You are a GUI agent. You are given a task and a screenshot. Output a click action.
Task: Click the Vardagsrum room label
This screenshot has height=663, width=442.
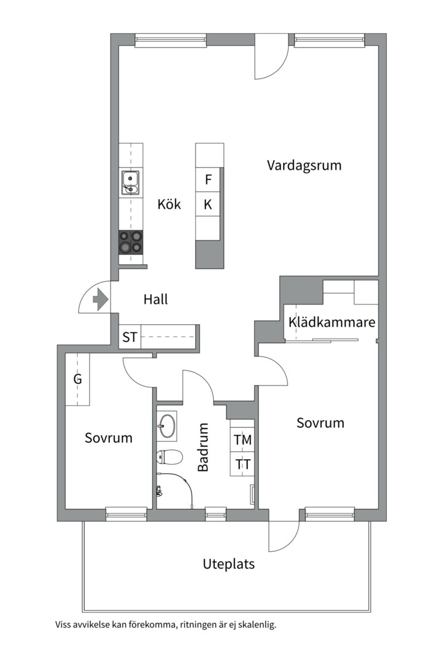[x=304, y=165]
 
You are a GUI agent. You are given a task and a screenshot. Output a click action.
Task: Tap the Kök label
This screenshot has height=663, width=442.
[x=169, y=204]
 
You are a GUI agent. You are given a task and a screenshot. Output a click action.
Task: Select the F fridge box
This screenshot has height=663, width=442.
[x=208, y=180]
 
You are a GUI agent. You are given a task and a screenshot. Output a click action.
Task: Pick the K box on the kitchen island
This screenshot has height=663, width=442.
[x=208, y=204]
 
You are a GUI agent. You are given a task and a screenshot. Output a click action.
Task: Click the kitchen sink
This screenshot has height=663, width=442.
[x=130, y=183]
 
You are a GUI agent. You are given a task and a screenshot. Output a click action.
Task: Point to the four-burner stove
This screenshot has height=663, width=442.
[x=131, y=242]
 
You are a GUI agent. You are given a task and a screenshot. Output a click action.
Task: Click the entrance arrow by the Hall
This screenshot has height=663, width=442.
[x=99, y=300]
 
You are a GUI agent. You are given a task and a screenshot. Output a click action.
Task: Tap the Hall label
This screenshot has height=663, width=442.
[x=155, y=300]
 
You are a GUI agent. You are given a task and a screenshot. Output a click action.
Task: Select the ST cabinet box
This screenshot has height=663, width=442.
[x=130, y=337]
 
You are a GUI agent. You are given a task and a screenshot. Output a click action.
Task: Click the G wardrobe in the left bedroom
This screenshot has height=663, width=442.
[x=78, y=379]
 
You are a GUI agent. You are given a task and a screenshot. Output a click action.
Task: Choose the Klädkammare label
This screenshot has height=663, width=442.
[x=331, y=322]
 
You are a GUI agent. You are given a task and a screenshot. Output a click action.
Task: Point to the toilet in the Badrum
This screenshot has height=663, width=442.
[x=169, y=457]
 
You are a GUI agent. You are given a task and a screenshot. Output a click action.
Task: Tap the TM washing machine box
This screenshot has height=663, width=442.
[x=242, y=440]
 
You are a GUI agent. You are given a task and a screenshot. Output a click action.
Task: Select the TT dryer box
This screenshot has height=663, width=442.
[x=242, y=464]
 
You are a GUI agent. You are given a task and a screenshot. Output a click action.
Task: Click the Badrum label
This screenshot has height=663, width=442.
[x=203, y=447]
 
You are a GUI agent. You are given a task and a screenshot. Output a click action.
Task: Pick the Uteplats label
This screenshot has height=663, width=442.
[x=228, y=564]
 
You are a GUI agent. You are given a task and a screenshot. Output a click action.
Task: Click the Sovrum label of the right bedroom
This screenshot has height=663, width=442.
[x=320, y=423]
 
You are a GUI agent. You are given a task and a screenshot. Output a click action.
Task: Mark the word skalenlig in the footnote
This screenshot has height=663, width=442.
[x=257, y=626]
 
